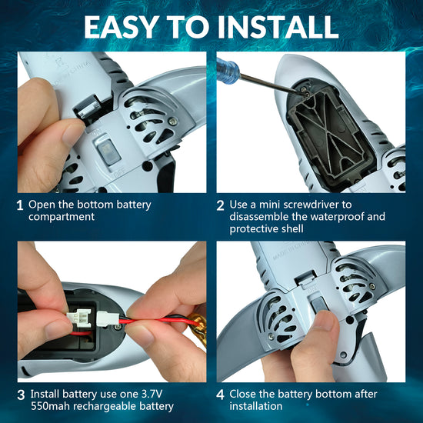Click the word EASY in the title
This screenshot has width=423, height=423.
pos(121,27)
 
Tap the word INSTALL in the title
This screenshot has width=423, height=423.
pos(278,27)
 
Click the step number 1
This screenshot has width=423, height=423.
pos(20,205)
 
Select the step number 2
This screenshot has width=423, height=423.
pos(220,205)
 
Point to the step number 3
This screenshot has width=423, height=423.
pos(21,395)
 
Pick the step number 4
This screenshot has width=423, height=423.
pos(221,395)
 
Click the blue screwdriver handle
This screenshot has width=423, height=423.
pos(228,71)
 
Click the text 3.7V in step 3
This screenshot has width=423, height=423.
pos(152,394)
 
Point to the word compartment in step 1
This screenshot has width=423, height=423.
pos(62,218)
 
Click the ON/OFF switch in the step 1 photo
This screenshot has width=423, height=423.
pos(108,153)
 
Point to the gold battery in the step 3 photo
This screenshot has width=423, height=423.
pos(199,327)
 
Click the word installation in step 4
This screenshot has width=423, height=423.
pos(256,406)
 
